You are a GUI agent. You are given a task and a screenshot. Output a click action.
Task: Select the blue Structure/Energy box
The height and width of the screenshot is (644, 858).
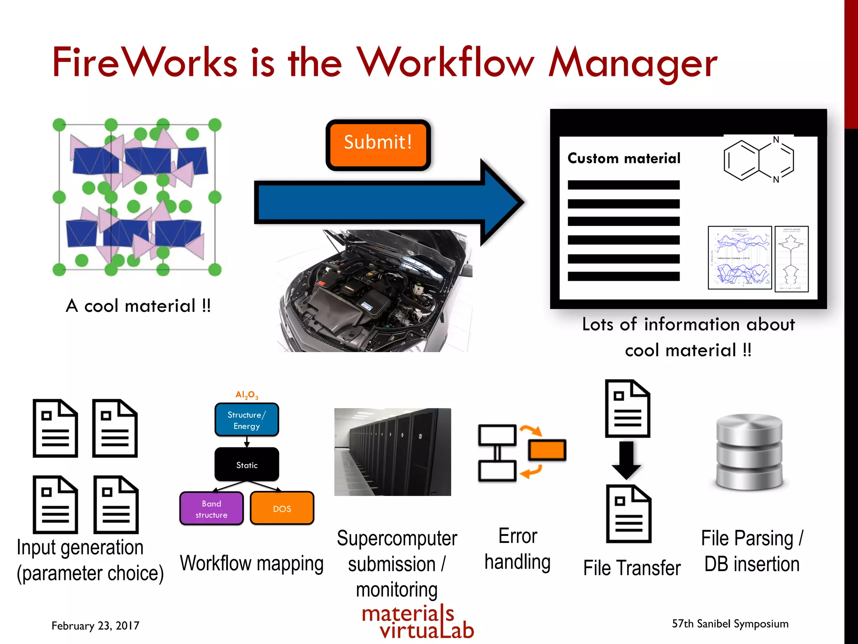click(246, 420)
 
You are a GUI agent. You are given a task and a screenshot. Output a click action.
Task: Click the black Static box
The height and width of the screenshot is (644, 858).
click(246, 465)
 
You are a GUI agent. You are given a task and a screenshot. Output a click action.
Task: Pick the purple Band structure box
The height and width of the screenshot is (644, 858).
click(211, 509)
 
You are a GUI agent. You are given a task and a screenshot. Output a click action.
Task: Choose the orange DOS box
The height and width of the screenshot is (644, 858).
click(282, 509)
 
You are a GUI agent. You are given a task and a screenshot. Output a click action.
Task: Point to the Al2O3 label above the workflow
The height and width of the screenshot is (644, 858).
click(246, 395)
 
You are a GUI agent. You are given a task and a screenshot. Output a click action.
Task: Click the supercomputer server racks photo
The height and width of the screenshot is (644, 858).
click(393, 452)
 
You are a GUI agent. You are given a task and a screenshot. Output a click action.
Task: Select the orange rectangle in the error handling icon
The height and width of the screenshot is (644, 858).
click(547, 451)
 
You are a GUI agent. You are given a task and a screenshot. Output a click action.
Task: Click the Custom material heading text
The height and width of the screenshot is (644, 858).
click(623, 158)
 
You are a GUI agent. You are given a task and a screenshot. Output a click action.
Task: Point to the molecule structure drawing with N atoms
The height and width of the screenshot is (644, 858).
click(758, 160)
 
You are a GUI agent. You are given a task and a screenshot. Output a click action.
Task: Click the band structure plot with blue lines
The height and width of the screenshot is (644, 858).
click(740, 257)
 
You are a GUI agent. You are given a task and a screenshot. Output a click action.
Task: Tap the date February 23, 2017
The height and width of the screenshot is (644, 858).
click(95, 626)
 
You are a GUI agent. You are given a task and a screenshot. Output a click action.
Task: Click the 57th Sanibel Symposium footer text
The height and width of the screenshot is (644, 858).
click(730, 624)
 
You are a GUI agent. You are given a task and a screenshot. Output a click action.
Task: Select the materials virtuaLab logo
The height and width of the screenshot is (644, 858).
click(417, 622)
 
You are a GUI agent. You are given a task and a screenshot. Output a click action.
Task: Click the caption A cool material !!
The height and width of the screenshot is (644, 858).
click(138, 306)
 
